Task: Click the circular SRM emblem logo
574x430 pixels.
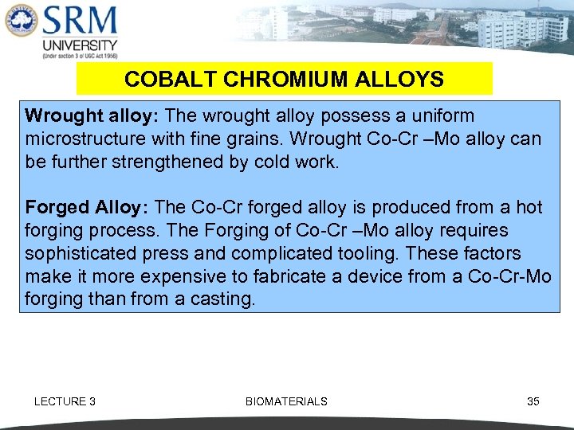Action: [20, 21]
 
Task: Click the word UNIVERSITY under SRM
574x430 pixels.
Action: [80, 45]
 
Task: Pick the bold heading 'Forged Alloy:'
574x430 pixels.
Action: [85, 208]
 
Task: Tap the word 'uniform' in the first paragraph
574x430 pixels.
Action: [443, 115]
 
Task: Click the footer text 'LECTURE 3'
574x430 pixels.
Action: [65, 401]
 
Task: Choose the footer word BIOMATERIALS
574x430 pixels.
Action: [286, 401]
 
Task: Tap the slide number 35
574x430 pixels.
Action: [533, 401]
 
